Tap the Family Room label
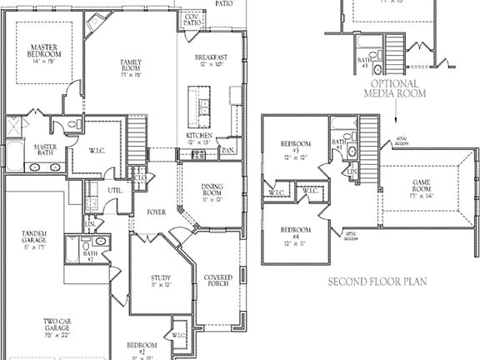point(131,67)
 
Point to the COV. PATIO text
point(192,19)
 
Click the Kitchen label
point(199,138)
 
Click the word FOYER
point(156,212)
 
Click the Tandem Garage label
point(34,240)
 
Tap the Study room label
point(161,282)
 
